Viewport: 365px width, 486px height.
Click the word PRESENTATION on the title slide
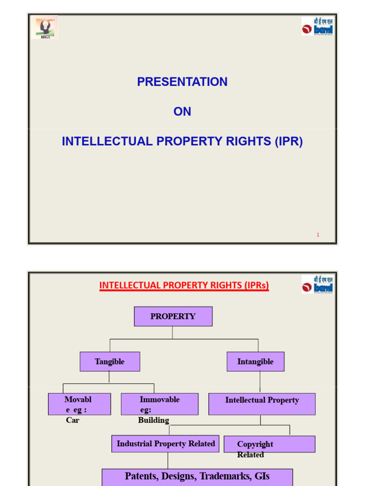182,82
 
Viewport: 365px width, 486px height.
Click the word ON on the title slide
182,112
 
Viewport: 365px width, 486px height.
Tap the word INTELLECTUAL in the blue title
107,141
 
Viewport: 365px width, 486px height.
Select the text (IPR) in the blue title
288,141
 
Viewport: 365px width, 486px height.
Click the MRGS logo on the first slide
45,28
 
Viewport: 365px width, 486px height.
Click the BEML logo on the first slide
317,27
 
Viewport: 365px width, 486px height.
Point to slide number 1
318,234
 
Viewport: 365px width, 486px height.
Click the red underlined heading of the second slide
184,285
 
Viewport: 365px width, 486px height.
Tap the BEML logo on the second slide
317,284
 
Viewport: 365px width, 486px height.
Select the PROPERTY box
173,317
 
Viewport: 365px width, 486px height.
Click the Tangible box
110,362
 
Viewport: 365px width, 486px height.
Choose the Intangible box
255,362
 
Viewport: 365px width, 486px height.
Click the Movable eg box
79,404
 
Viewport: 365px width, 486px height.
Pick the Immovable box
159,404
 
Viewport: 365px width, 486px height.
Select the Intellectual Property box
262,404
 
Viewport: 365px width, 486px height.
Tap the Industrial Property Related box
165,444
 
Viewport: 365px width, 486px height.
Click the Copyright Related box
269,444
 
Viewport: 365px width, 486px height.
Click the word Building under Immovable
154,420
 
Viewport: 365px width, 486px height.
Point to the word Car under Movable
73,420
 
